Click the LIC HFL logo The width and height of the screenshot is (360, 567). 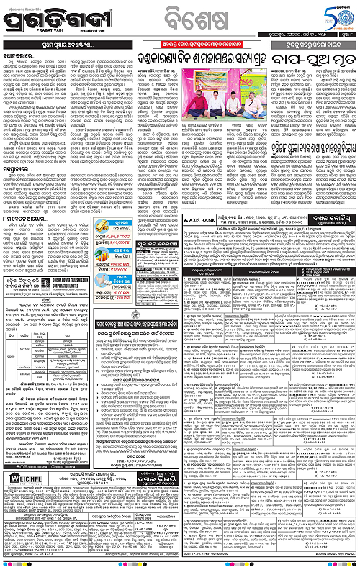pyautogui.click(x=21, y=478)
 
